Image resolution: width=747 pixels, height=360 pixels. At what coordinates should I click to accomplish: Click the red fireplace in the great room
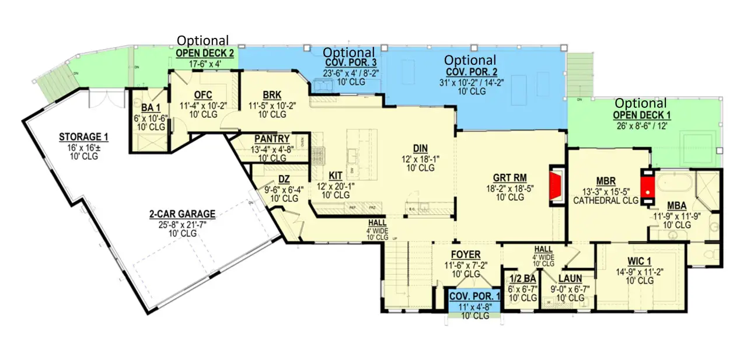point(556,186)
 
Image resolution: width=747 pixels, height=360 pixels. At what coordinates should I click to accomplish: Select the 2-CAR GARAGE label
point(181,214)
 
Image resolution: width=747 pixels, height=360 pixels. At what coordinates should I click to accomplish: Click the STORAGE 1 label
point(83,138)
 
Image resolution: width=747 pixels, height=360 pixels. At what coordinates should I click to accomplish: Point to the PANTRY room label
point(272,139)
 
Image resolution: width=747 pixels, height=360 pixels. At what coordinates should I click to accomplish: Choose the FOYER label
point(465,254)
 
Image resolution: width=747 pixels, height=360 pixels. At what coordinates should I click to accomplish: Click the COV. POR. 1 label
point(474,296)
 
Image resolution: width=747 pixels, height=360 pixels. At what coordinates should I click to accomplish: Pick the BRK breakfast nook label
point(272,95)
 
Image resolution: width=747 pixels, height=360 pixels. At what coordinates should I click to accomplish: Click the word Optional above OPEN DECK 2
point(203,40)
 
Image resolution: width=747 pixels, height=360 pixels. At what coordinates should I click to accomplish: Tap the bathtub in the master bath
point(673,185)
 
